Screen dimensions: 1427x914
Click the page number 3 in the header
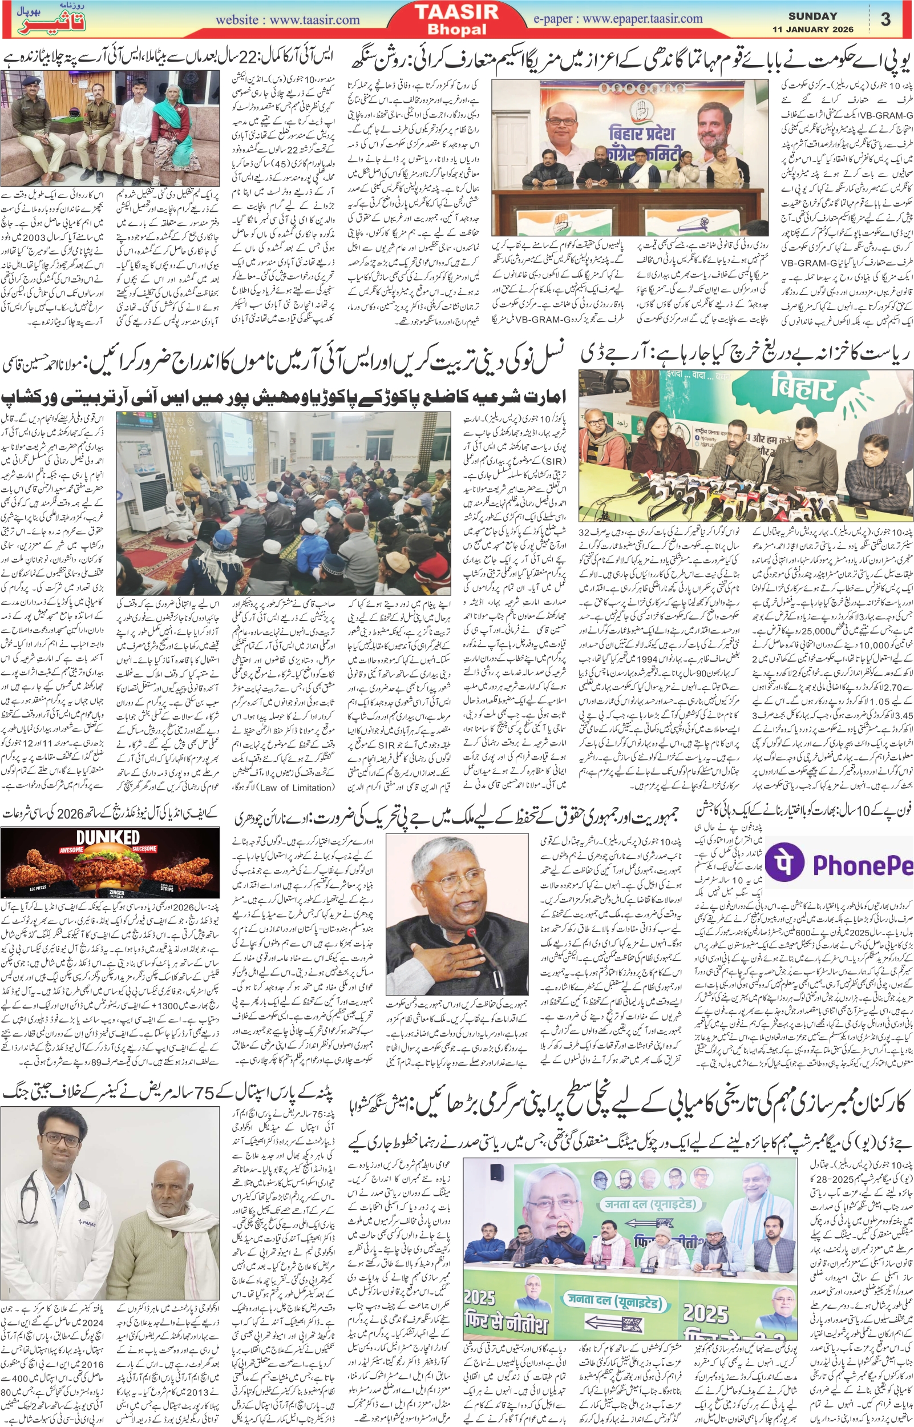pos(885,19)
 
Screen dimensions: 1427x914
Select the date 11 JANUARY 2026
pos(812,29)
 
